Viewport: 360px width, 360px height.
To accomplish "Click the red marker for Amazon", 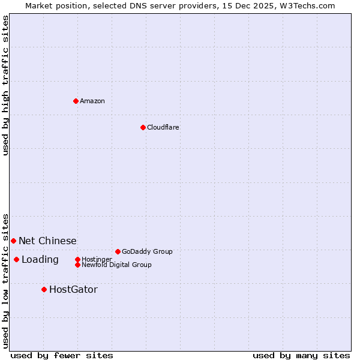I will [76, 101].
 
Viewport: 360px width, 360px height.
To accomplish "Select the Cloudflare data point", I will [143, 127].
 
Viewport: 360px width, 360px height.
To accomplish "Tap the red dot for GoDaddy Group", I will [118, 251].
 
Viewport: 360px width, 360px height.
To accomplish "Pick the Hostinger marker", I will [77, 259].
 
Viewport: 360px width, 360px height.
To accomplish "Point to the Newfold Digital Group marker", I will [77, 265].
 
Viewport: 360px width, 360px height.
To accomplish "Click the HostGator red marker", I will [44, 290].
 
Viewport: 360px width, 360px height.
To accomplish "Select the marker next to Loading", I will [16, 259].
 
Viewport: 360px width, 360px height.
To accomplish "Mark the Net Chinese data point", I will [13, 241].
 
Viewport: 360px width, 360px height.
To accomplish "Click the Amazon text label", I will [92, 101].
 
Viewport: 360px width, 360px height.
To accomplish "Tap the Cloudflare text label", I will [163, 127].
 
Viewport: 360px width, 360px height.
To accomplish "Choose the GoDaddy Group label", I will [147, 251].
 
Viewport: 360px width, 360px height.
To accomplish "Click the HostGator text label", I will [73, 290].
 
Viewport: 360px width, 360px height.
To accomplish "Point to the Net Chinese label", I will [47, 241].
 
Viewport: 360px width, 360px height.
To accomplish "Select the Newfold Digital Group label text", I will [116, 265].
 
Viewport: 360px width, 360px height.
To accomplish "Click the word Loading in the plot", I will [40, 260].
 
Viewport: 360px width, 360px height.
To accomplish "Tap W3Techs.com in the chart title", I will [306, 5].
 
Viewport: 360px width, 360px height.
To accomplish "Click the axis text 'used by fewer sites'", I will [62, 355].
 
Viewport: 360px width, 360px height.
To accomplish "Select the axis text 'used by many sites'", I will [301, 355].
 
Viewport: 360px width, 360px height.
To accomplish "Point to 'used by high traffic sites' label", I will [5, 86].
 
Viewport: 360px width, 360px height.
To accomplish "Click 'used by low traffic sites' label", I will [5, 280].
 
